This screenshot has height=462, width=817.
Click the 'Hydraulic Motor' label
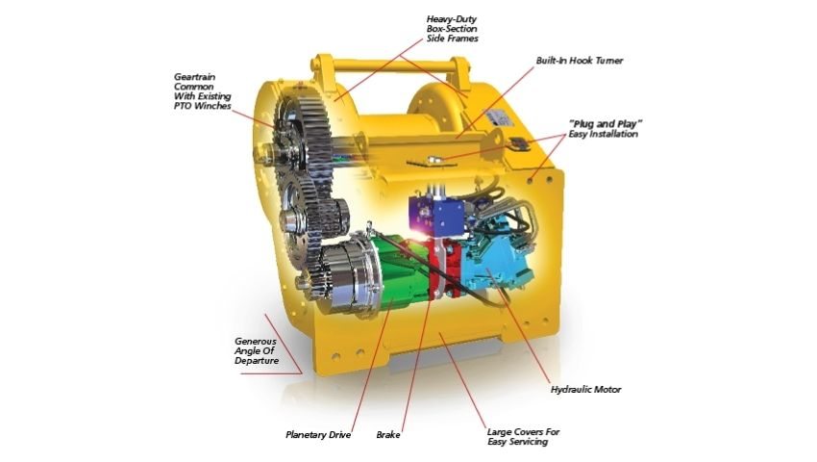tap(585, 390)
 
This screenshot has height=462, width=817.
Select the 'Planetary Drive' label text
tap(318, 435)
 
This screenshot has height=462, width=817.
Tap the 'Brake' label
tap(388, 435)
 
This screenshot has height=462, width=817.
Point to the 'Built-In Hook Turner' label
tap(580, 61)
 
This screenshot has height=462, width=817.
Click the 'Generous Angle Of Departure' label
tap(257, 350)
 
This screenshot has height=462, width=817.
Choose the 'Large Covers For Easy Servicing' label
tap(523, 437)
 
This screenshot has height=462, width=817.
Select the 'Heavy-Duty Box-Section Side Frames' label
tap(452, 29)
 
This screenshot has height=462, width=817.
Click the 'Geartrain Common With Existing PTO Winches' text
tap(202, 91)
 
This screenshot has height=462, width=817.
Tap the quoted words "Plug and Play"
tap(606, 124)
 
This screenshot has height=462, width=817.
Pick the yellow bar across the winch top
tap(391, 66)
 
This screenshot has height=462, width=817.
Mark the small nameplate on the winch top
tap(499, 117)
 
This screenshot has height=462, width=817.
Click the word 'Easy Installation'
tap(603, 134)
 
